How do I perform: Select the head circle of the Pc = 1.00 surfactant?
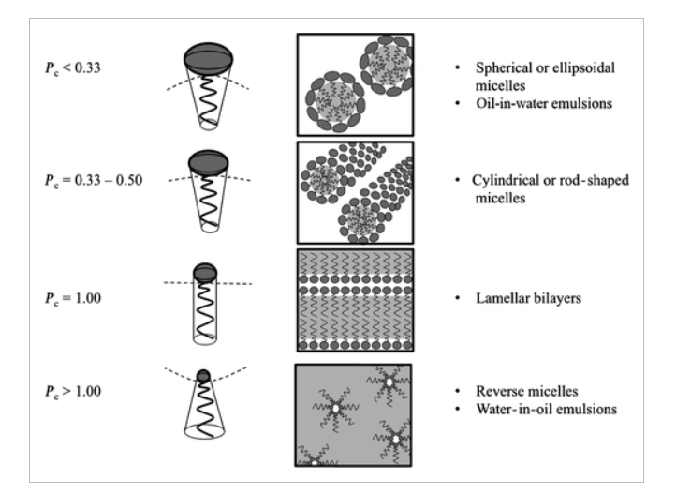tap(205, 272)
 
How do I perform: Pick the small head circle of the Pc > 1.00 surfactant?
tap(204, 376)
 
